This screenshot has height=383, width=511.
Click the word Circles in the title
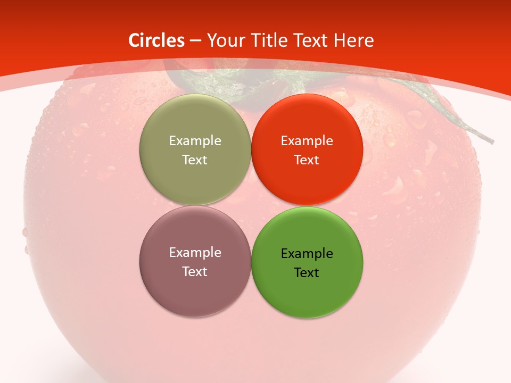(156, 40)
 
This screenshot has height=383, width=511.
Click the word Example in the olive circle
(195, 140)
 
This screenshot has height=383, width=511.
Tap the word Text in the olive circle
(195, 160)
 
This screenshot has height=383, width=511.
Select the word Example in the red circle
(307, 140)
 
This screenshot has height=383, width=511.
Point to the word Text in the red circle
(307, 160)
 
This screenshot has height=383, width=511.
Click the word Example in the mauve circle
(195, 252)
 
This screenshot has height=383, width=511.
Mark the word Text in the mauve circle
(195, 271)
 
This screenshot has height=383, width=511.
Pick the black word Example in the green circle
(307, 253)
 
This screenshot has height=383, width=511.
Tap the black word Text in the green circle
(307, 272)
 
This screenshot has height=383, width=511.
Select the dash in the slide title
(195, 40)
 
